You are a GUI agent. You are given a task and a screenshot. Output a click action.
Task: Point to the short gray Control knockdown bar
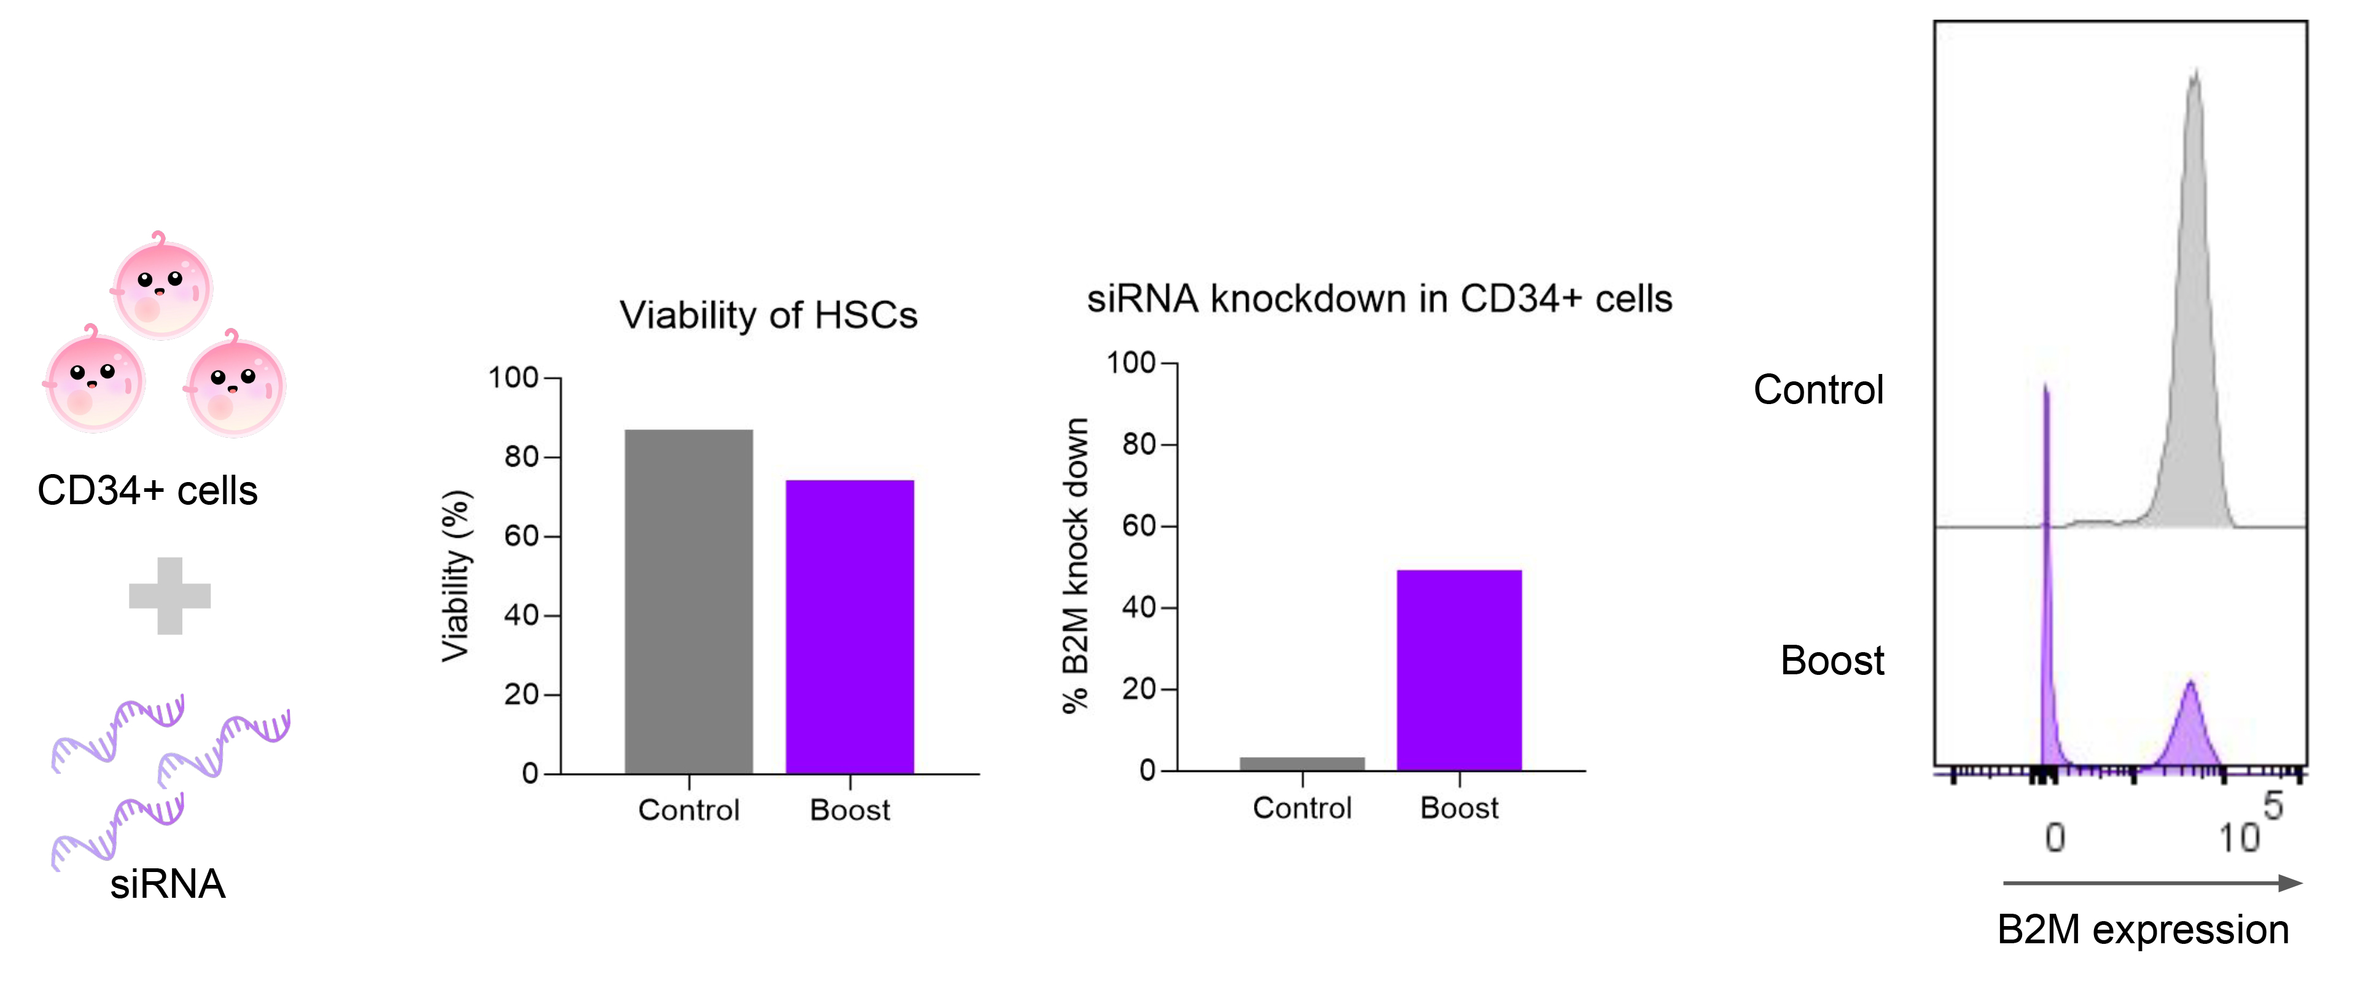click(1302, 764)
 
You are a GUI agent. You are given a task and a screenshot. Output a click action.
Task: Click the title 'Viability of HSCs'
click(768, 316)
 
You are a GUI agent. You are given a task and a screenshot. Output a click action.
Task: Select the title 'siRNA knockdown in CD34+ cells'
click(1379, 299)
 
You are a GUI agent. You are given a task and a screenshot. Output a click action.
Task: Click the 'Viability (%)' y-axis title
click(455, 575)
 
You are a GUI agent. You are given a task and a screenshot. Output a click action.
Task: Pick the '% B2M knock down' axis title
click(1076, 564)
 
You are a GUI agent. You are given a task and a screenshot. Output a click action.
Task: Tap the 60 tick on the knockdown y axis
click(1139, 526)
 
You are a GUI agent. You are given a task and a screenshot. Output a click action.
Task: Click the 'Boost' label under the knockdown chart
click(1459, 809)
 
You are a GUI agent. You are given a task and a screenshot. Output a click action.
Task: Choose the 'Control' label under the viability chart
click(688, 811)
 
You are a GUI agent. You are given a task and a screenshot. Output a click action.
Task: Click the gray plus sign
click(170, 596)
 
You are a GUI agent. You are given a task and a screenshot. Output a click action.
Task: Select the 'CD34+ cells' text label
click(147, 491)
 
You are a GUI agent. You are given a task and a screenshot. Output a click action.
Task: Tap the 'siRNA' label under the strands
click(167, 884)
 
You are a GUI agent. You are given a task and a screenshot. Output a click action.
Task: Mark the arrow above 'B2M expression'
click(2152, 882)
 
